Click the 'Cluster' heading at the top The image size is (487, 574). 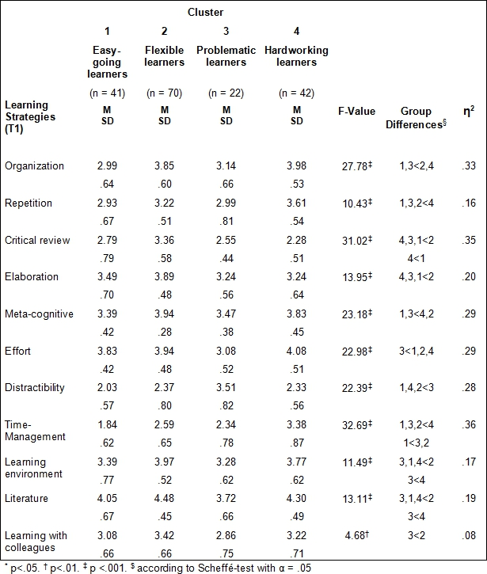coord(205,12)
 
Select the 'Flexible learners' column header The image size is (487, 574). coord(165,56)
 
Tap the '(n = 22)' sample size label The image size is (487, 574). coord(226,93)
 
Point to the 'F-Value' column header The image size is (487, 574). coord(356,112)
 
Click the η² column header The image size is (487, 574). coord(469,111)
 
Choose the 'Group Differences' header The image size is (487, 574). coord(416,117)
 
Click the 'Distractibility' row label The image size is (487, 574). coord(35,388)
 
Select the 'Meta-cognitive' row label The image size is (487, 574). coord(39,314)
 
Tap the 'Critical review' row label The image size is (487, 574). coord(37,240)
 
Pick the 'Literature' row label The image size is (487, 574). coord(26,498)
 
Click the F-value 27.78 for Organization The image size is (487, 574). coord(357,165)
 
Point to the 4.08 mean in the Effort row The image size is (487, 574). coord(297,351)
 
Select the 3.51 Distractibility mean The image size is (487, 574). coord(226,388)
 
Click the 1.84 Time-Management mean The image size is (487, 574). coord(107,424)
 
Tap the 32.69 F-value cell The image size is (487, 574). coord(357,424)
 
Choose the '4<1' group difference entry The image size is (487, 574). coord(417,258)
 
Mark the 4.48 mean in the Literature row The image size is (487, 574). coord(165,498)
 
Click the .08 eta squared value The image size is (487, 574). coord(469,535)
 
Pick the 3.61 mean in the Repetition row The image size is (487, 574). coord(297,203)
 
